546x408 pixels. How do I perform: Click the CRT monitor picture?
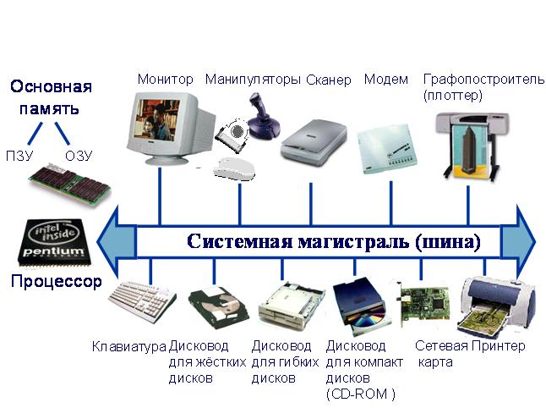point(170,128)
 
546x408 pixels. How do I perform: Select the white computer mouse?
point(234,169)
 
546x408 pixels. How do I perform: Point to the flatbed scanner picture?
point(314,142)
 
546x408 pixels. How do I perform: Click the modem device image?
point(386,149)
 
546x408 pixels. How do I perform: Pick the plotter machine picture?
point(471,146)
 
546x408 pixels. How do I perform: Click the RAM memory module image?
point(69,185)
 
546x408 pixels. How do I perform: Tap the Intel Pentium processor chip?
point(55,243)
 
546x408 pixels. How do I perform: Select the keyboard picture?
point(142,301)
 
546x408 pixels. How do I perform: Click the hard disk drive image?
point(219,307)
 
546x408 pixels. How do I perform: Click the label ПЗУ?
point(19,156)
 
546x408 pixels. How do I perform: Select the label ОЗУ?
point(79,156)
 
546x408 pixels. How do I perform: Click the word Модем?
point(386,80)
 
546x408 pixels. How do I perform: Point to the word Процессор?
point(56,281)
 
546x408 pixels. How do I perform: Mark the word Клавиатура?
point(128,346)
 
